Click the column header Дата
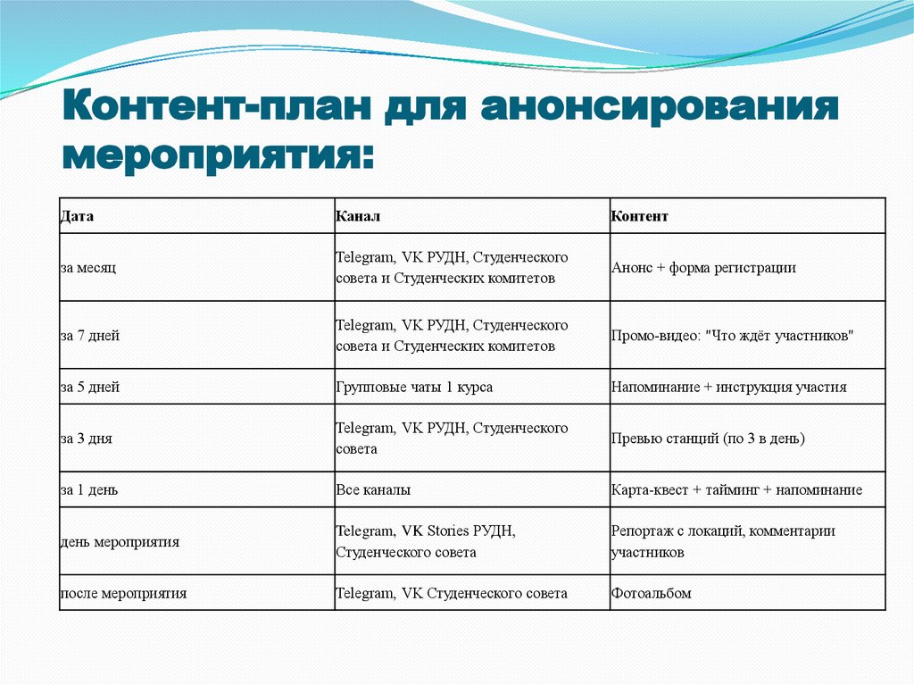[x=77, y=216]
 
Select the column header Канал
[x=358, y=216]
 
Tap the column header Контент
[x=639, y=216]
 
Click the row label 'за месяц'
[x=88, y=267]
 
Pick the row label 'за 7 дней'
[x=90, y=336]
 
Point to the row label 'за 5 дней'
[x=90, y=387]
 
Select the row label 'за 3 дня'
[x=87, y=439]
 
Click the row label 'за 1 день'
[x=89, y=489]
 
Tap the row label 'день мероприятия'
[x=120, y=541]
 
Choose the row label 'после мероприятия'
[x=123, y=593]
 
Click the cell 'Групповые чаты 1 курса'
[x=414, y=387]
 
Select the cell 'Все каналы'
[x=373, y=489]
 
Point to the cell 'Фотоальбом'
[x=651, y=593]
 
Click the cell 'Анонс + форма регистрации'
[x=703, y=267]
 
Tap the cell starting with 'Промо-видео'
[x=733, y=336]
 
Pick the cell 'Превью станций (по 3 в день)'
[x=708, y=439]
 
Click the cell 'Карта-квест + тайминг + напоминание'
[x=736, y=489]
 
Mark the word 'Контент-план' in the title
[x=215, y=108]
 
